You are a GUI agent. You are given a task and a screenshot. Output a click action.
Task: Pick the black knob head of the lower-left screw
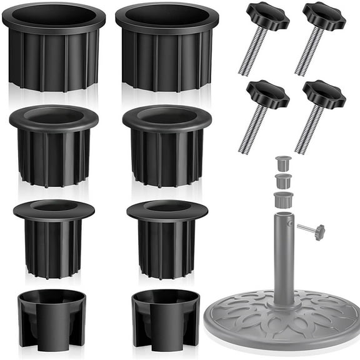(x=267, y=94)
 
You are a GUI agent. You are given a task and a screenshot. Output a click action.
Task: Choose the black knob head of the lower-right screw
(x=324, y=94)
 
